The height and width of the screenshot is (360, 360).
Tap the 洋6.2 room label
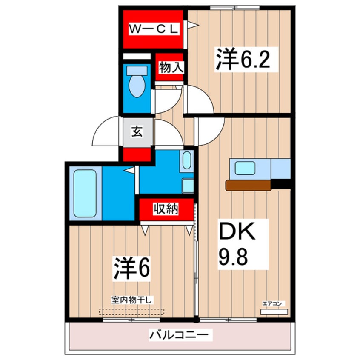tap(242, 60)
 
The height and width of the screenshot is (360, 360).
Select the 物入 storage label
tap(170, 67)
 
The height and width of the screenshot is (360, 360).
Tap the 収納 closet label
tap(166, 209)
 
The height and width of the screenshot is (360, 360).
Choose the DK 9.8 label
tap(237, 244)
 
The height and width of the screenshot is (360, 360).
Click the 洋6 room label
tap(132, 267)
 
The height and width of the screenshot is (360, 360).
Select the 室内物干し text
tap(132, 300)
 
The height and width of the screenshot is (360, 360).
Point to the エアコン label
tap(272, 304)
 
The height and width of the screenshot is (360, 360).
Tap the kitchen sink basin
tap(245, 168)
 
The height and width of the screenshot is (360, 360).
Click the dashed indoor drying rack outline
tap(132, 311)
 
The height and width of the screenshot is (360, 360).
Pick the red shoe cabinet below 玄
tap(137, 154)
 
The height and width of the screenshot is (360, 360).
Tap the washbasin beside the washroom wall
tap(186, 160)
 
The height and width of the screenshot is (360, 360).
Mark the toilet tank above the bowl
tap(137, 70)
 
